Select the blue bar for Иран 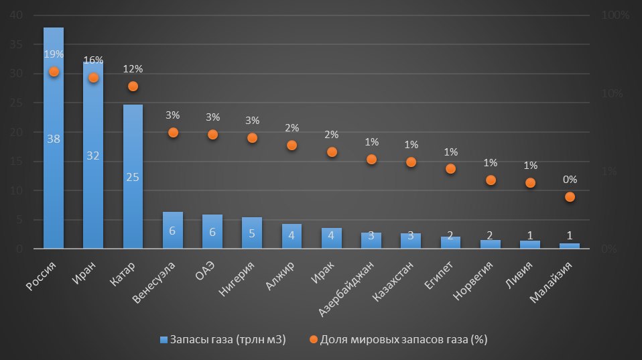pos(93,188)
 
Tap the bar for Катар pos(133,201)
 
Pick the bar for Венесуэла pos(172,231)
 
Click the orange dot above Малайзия pos(570,196)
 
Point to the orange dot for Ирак pos(332,152)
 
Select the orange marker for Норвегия pos(491,180)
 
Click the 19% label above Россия pos(54,54)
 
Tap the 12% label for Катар pos(133,69)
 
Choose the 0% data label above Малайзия pos(570,179)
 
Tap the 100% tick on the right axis pos(618,15)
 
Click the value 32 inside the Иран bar pos(93,156)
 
